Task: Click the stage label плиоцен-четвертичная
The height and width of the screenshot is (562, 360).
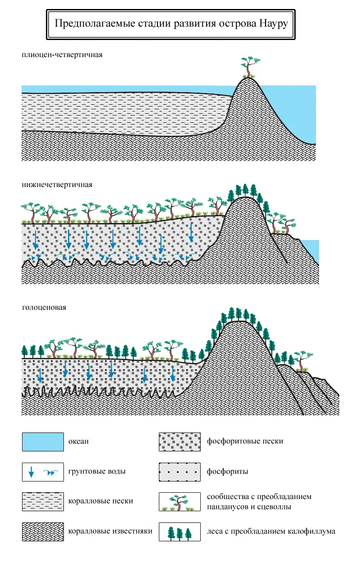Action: coord(63,55)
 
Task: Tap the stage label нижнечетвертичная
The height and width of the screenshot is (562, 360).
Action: coord(57,185)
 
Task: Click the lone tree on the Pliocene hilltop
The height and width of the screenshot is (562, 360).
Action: coord(247,67)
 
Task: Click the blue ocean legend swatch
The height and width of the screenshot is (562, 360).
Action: coord(43,442)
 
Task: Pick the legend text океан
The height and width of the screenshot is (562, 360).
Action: coord(79,442)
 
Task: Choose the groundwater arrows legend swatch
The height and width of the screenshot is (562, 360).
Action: coord(43,472)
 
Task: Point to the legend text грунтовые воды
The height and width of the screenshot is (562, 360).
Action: coord(97,472)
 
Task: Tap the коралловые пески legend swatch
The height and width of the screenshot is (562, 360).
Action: coord(43,501)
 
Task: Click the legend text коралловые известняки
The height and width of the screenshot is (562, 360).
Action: coord(111,531)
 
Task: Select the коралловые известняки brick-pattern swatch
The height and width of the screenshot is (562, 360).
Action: coord(43,531)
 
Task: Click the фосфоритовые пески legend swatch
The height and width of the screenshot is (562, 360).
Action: coord(180,442)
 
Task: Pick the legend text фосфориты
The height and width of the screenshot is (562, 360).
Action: coord(228,472)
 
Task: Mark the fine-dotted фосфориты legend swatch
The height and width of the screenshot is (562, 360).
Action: coord(180,472)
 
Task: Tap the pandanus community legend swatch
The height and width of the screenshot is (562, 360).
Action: coord(180,501)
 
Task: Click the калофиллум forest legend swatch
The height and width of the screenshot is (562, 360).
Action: coord(180,531)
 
